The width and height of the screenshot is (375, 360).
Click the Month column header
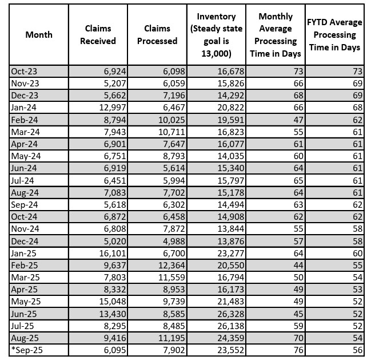[x=39, y=35]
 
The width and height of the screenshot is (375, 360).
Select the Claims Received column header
[x=98, y=35]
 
